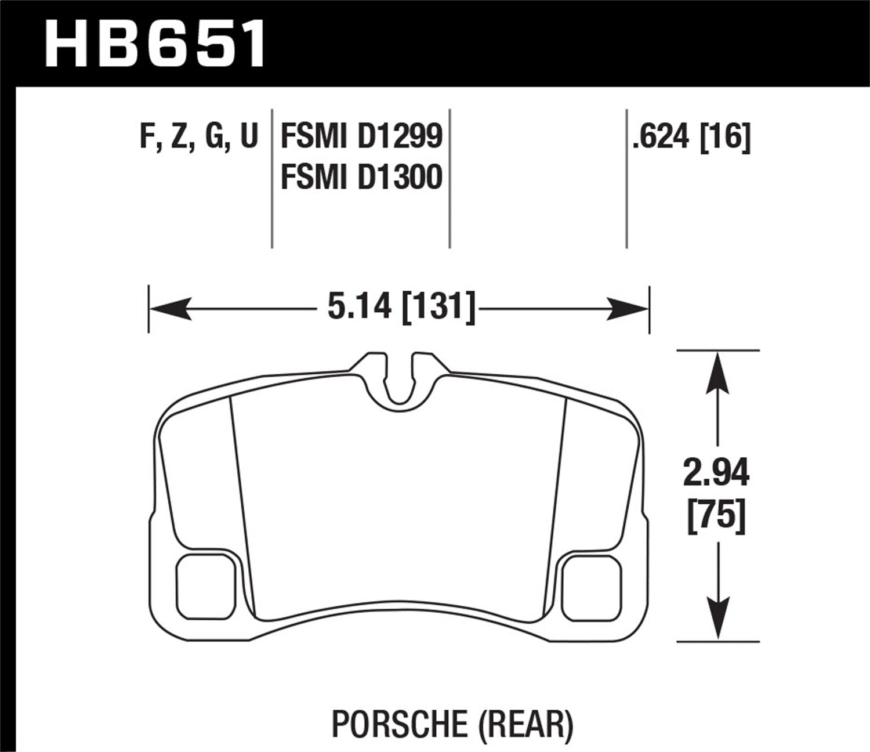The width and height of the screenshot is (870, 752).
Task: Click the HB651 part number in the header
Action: click(155, 44)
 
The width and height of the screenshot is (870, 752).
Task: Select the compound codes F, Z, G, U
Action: click(199, 138)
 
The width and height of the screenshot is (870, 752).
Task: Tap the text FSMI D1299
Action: click(361, 138)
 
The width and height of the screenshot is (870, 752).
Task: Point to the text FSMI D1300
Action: click(361, 177)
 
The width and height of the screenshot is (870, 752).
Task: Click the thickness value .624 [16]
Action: click(691, 138)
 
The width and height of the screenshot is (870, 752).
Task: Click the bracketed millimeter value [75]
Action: click(716, 515)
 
